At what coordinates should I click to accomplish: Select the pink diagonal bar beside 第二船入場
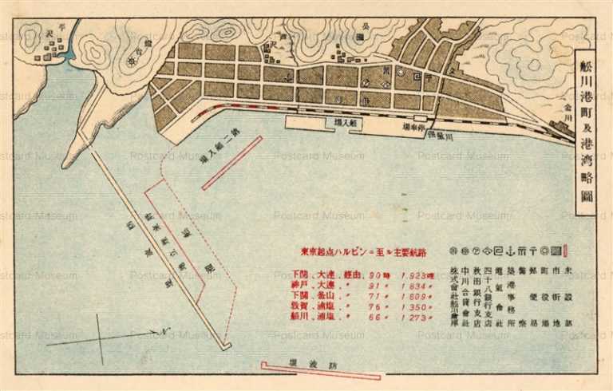(x=232, y=163)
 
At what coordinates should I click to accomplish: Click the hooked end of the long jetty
(x=227, y=346)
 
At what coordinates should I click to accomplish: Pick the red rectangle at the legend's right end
(x=566, y=249)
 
